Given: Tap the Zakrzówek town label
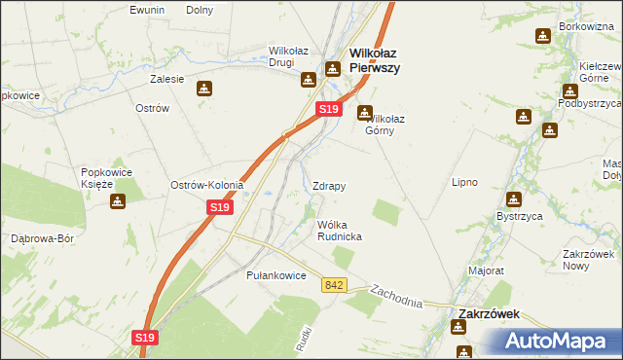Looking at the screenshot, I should coord(489,314).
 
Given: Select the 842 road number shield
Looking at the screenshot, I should coord(335,284).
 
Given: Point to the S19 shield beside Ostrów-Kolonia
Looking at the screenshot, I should coord(220,207).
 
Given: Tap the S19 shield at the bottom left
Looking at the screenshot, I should coord(144,337).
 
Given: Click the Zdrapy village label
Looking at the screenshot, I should coord(330,185).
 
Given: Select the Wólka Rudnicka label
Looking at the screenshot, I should coord(341,231).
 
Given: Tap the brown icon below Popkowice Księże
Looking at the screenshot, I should coord(119,202).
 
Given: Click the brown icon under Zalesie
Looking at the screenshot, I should coord(203,89).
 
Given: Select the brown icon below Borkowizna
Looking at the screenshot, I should coord(542,37).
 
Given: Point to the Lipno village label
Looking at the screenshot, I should coord(465,182).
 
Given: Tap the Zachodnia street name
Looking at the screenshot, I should coord(396,296).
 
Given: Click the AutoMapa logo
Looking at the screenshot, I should coord(559,341).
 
